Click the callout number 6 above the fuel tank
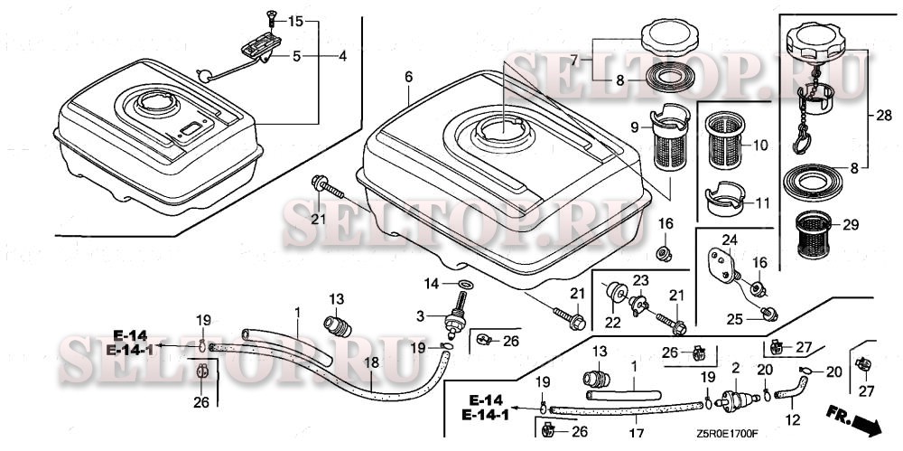408,79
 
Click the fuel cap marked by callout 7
667,38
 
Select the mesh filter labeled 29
817,236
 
